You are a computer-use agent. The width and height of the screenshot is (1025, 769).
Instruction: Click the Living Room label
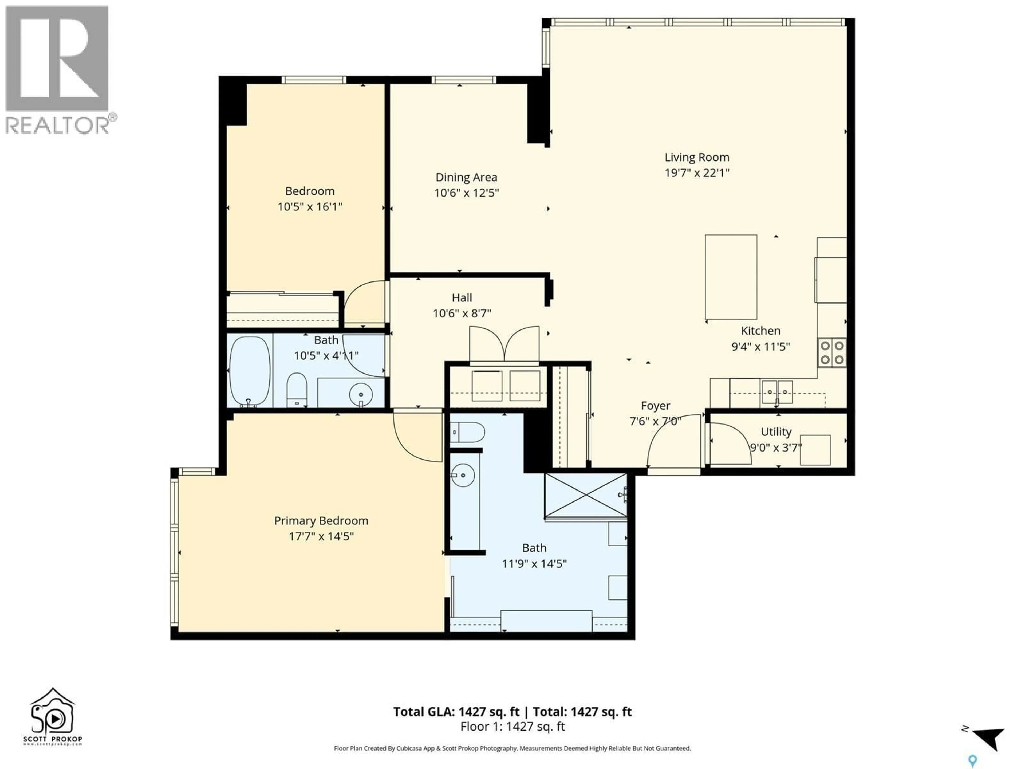[696, 158]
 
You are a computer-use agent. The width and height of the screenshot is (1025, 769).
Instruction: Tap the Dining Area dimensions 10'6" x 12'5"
[466, 193]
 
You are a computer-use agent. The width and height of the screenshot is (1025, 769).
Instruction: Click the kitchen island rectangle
[731, 277]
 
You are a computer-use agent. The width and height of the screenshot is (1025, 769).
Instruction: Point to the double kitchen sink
[777, 392]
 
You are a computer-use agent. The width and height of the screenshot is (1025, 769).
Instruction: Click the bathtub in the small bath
[249, 371]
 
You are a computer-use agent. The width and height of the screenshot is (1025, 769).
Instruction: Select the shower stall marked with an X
[586, 495]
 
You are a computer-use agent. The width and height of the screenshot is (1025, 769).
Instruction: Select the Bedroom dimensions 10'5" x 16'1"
[310, 207]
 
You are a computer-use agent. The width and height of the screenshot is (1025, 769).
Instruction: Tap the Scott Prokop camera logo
[52, 712]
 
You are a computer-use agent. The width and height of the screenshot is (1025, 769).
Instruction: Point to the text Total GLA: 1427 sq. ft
[456, 712]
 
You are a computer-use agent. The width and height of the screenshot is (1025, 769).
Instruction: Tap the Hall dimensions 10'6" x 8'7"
[462, 314]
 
